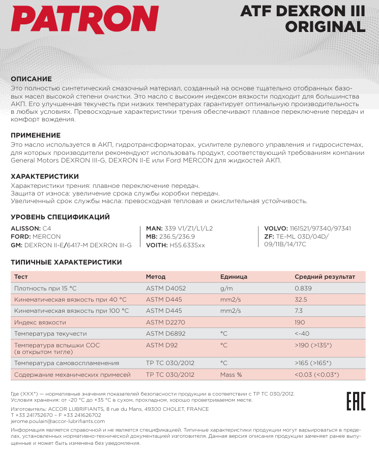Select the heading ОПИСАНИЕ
pyautogui.click(x=32, y=79)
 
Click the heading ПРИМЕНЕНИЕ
pyautogui.click(x=36, y=135)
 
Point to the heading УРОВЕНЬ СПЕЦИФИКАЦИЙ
pyautogui.click(x=61, y=217)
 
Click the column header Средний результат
pyautogui.click(x=325, y=277)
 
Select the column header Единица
pyautogui.click(x=234, y=277)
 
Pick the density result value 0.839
pyautogui.click(x=303, y=288)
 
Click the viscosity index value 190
pyautogui.click(x=300, y=322)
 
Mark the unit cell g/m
pyautogui.click(x=226, y=288)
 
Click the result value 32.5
pyautogui.click(x=301, y=300)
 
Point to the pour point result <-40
pyautogui.click(x=302, y=334)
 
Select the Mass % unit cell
pyautogui.click(x=231, y=375)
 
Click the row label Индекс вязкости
pyautogui.click(x=40, y=322)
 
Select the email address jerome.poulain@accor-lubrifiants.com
pyautogui.click(x=58, y=421)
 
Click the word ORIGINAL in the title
pyautogui.click(x=326, y=26)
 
